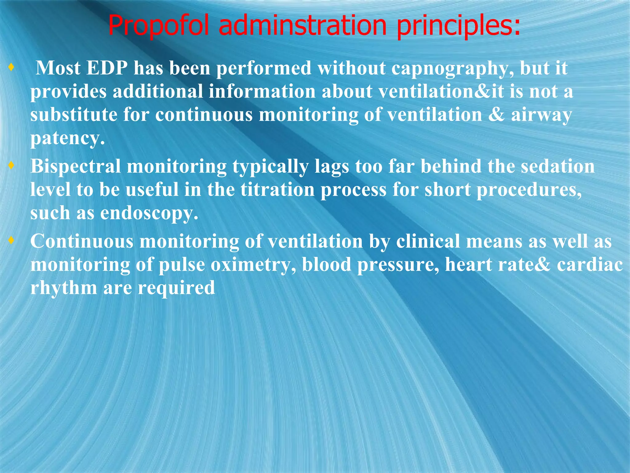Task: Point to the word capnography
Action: click(x=452, y=68)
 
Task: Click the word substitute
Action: click(x=74, y=115)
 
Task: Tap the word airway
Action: click(x=541, y=115)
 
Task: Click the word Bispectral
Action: click(x=76, y=167)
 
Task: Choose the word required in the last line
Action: click(x=176, y=288)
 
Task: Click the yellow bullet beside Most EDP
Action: click(x=11, y=67)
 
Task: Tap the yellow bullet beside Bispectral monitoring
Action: click(x=11, y=165)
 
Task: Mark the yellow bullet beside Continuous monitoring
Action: click(x=11, y=240)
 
